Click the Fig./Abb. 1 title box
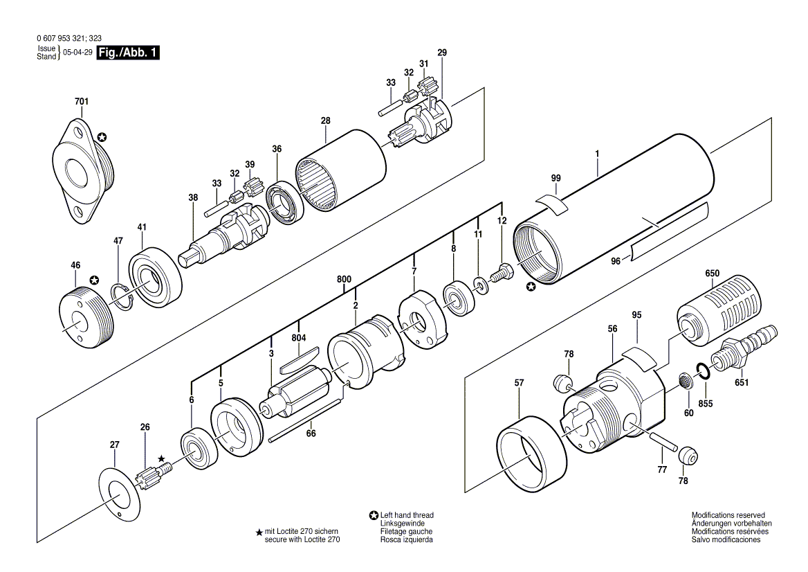(x=128, y=53)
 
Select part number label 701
(x=82, y=102)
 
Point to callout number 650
(x=712, y=274)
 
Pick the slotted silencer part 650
(x=712, y=310)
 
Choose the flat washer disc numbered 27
(x=120, y=494)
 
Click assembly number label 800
(x=345, y=280)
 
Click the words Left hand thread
(x=407, y=515)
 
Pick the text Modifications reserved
(x=728, y=515)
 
